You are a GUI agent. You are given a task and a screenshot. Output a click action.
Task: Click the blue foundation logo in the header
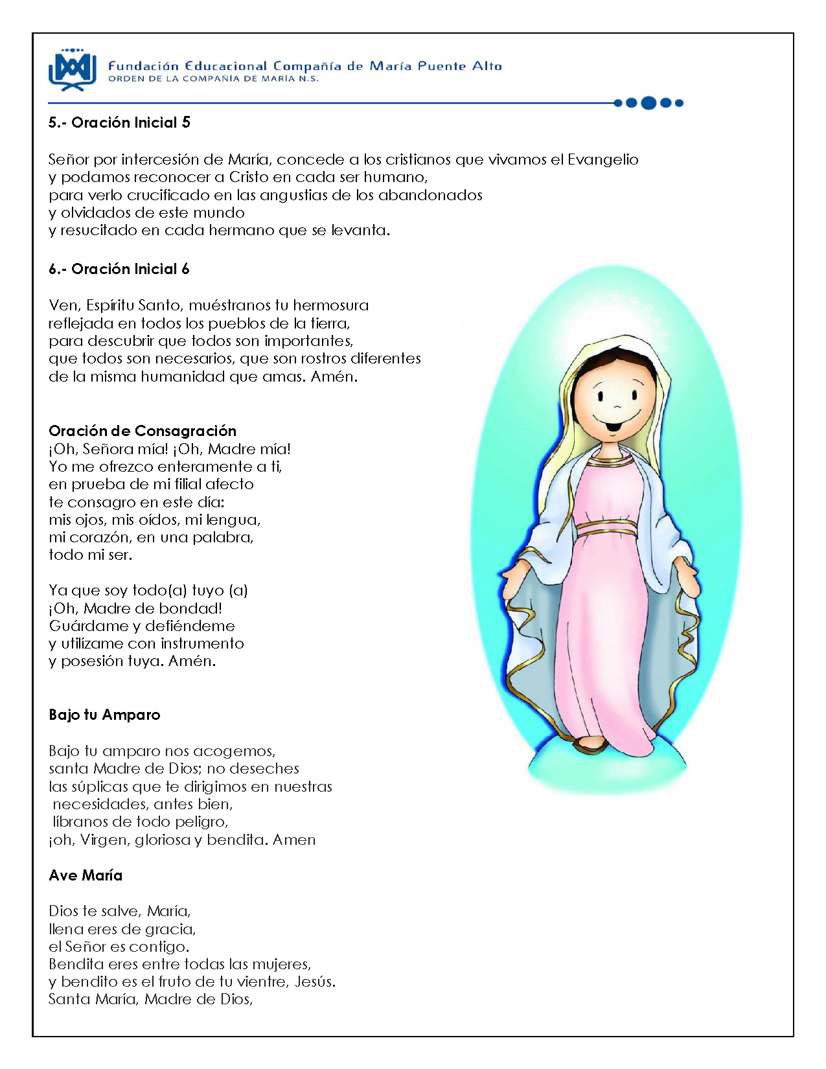click(72, 69)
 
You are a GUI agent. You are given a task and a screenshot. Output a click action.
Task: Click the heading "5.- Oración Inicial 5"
click(119, 123)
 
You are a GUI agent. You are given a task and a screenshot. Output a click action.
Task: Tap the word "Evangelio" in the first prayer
click(602, 160)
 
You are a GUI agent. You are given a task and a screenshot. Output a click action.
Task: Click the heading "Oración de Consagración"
click(143, 431)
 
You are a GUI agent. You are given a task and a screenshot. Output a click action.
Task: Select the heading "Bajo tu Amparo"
click(104, 715)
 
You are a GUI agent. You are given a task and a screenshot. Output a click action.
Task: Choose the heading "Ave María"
click(86, 876)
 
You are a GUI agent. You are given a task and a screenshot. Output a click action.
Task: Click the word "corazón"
click(88, 538)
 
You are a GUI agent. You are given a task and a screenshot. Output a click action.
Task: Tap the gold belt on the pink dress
click(606, 527)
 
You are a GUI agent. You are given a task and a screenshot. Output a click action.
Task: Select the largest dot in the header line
click(648, 103)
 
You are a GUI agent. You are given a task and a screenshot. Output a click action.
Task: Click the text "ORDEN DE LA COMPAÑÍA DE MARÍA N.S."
click(213, 79)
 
